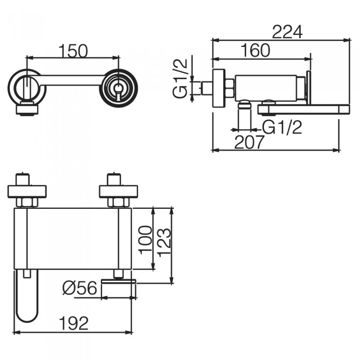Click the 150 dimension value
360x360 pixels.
[73, 51]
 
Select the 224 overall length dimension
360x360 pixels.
[287, 32]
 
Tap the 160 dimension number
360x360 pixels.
[256, 50]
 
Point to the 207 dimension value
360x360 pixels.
[249, 142]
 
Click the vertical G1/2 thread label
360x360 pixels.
[180, 79]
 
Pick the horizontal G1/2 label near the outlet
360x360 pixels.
[282, 128]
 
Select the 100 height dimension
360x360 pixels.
[146, 240]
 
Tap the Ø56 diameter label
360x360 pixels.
[80, 289]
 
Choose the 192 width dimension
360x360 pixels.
[74, 323]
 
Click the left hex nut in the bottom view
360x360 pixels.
[27, 202]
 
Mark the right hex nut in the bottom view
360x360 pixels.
[118, 202]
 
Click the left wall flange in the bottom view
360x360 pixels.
[27, 191]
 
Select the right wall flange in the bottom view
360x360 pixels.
[118, 191]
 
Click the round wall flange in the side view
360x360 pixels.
[219, 88]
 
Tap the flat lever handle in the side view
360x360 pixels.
[303, 110]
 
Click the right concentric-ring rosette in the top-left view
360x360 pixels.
[118, 88]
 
